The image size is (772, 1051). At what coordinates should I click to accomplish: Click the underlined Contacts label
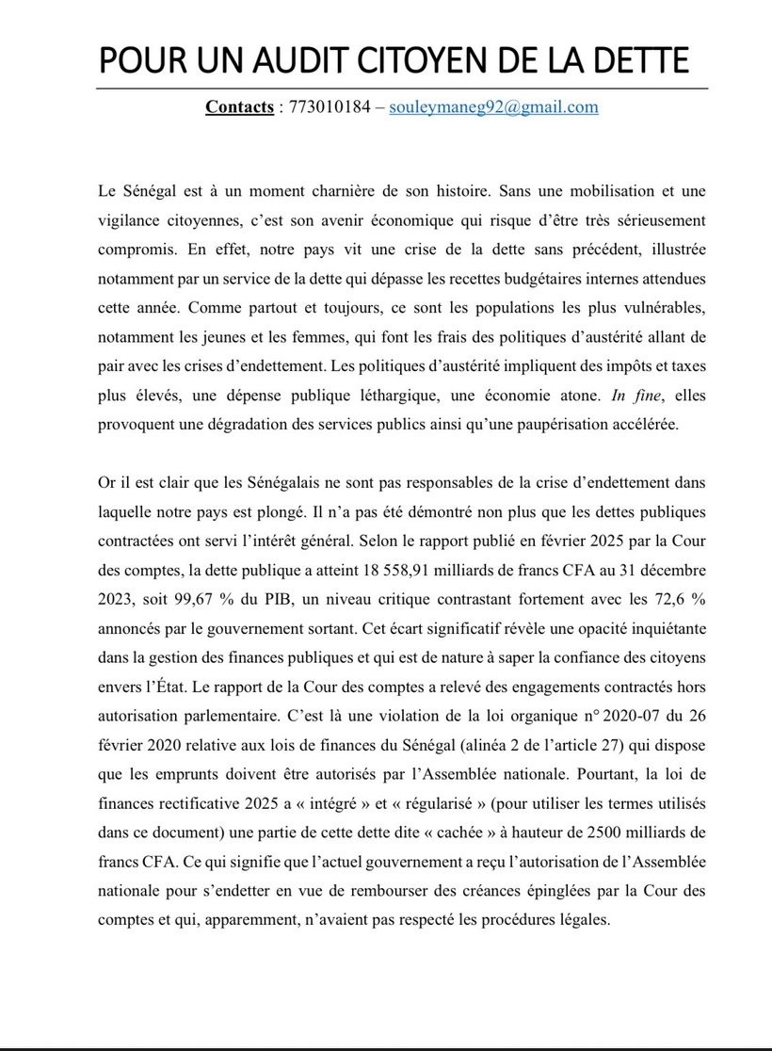click(x=239, y=106)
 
